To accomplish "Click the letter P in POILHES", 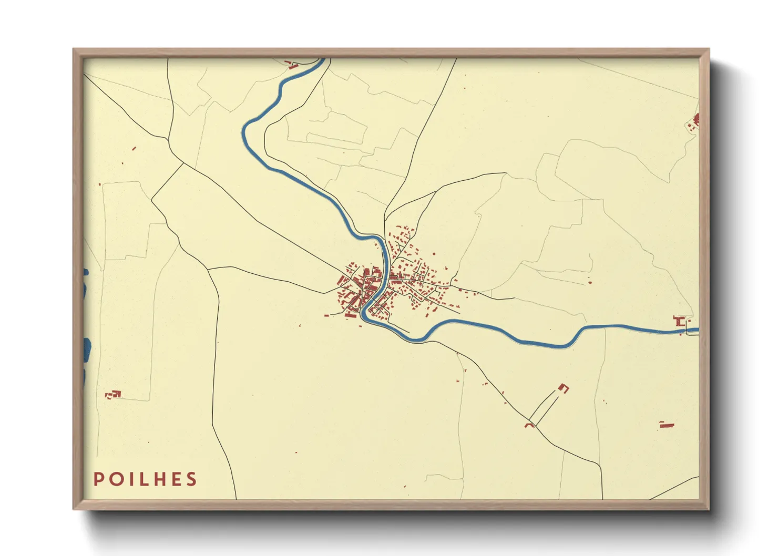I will pos(98,479).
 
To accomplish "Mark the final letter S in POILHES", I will pos(191,479).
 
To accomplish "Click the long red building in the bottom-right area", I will pos(667,425).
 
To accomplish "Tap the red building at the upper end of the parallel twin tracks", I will pos(564,388).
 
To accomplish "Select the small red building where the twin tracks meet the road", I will pos(530,424).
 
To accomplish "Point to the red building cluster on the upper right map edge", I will pos(695,121).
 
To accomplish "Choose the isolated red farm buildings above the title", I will pos(114,394).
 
